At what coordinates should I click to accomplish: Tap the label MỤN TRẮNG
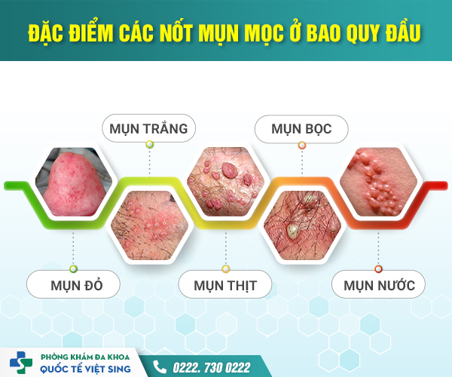(x=148, y=127)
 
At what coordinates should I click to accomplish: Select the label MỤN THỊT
(x=224, y=285)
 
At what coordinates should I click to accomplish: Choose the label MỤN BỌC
(x=302, y=127)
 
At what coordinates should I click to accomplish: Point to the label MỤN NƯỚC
(x=378, y=285)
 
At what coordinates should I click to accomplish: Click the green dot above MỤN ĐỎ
(x=73, y=268)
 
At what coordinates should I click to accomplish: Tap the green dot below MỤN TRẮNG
(x=149, y=144)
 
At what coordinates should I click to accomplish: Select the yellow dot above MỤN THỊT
(x=224, y=268)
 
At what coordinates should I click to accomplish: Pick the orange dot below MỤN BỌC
(x=302, y=144)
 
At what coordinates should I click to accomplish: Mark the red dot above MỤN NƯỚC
(x=378, y=268)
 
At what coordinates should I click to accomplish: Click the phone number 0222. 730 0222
(x=212, y=366)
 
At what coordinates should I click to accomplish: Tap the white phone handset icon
(x=160, y=366)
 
